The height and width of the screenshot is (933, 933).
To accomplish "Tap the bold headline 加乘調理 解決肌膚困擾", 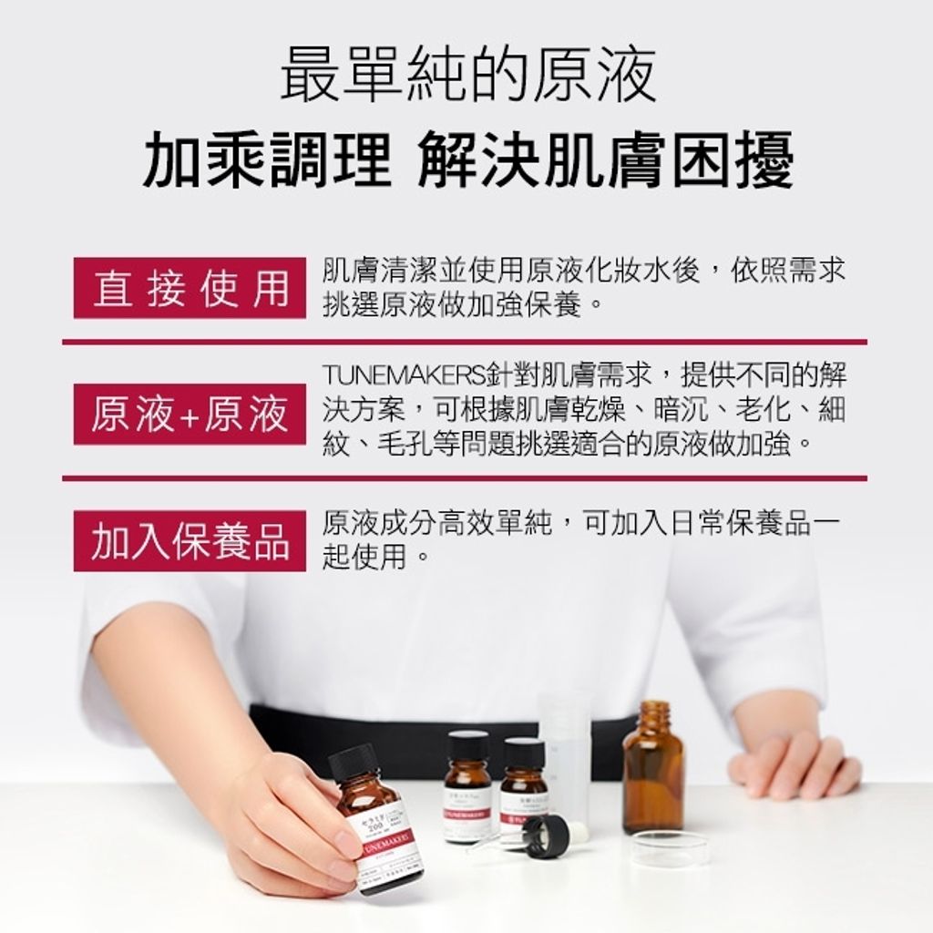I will click(x=466, y=159).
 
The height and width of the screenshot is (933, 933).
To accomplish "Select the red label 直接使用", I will click(x=190, y=287).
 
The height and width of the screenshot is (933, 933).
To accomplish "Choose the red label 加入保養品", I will click(x=190, y=540).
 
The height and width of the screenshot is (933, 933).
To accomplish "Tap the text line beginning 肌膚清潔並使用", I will click(x=583, y=270).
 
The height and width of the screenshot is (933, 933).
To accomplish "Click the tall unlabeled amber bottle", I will click(x=652, y=774).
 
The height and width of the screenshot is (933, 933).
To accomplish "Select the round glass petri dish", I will click(x=670, y=848).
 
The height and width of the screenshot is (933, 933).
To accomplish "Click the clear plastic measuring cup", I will click(x=565, y=747).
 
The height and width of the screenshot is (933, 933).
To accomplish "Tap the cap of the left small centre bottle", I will click(x=468, y=745).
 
